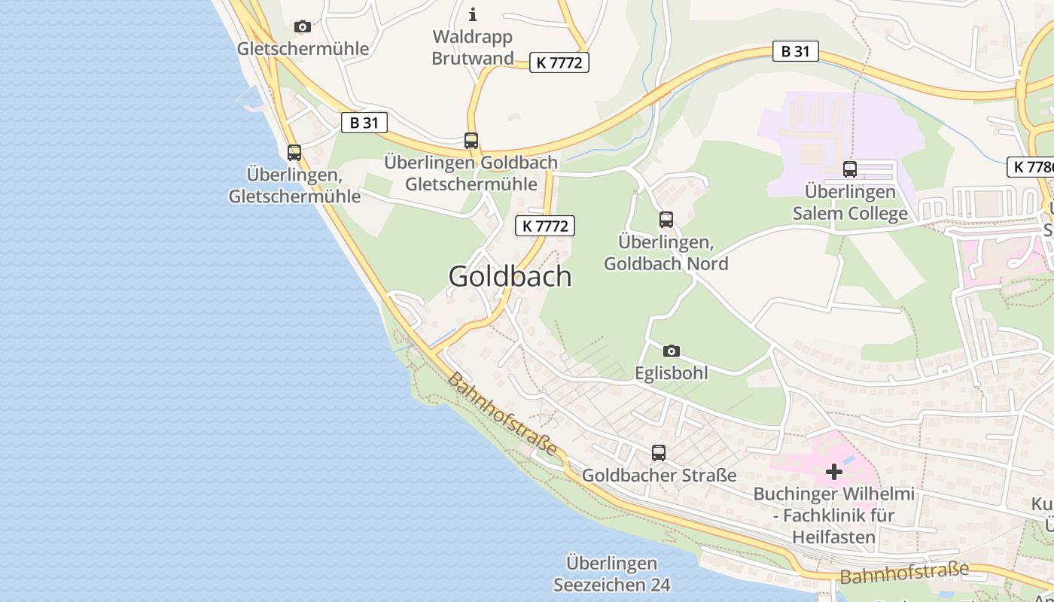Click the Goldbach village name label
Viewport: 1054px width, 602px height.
pyautogui.click(x=510, y=276)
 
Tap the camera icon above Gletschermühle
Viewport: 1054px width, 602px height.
pyautogui.click(x=303, y=27)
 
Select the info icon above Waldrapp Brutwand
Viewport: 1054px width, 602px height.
pyautogui.click(x=473, y=14)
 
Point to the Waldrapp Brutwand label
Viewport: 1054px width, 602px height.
pyautogui.click(x=473, y=47)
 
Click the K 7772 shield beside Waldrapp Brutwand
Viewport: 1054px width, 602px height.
pyautogui.click(x=559, y=62)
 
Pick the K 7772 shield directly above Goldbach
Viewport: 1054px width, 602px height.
pyautogui.click(x=545, y=225)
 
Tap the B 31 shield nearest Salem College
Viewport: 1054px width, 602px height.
pyautogui.click(x=795, y=51)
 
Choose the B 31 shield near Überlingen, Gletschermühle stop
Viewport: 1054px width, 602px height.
pyautogui.click(x=364, y=123)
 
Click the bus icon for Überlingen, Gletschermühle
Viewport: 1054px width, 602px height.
pyautogui.click(x=294, y=153)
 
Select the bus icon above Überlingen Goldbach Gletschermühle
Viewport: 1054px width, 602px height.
pyautogui.click(x=471, y=141)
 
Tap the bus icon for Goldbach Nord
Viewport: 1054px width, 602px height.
pyautogui.click(x=666, y=220)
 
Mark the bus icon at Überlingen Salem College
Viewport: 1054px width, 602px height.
pyautogui.click(x=850, y=169)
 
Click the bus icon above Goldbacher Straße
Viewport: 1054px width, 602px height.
pyautogui.click(x=659, y=453)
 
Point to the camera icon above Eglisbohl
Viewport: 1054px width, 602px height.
pyautogui.click(x=672, y=351)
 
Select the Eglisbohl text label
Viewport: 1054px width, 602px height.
pyautogui.click(x=672, y=372)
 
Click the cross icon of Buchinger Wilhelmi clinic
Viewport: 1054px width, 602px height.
pyautogui.click(x=834, y=472)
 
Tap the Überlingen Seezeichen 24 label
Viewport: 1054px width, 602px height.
pyautogui.click(x=611, y=573)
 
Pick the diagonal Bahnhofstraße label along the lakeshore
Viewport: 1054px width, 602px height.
pyautogui.click(x=502, y=413)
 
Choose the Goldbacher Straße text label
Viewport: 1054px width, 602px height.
pyautogui.click(x=659, y=476)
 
